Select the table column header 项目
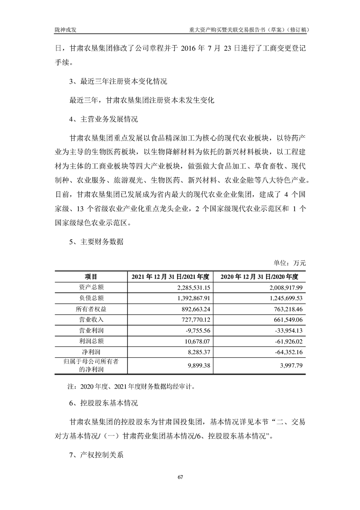tap(90, 277)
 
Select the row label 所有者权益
tap(90, 309)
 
